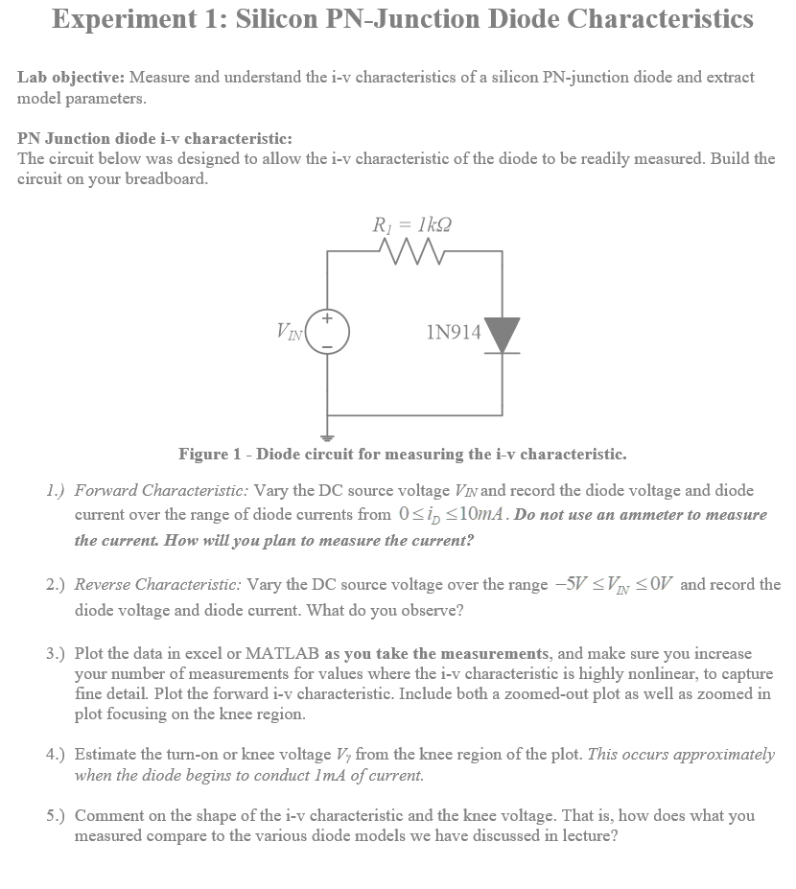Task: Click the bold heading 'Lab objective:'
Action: [x=71, y=77]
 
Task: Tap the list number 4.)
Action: [x=57, y=755]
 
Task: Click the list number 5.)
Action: [x=57, y=816]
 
